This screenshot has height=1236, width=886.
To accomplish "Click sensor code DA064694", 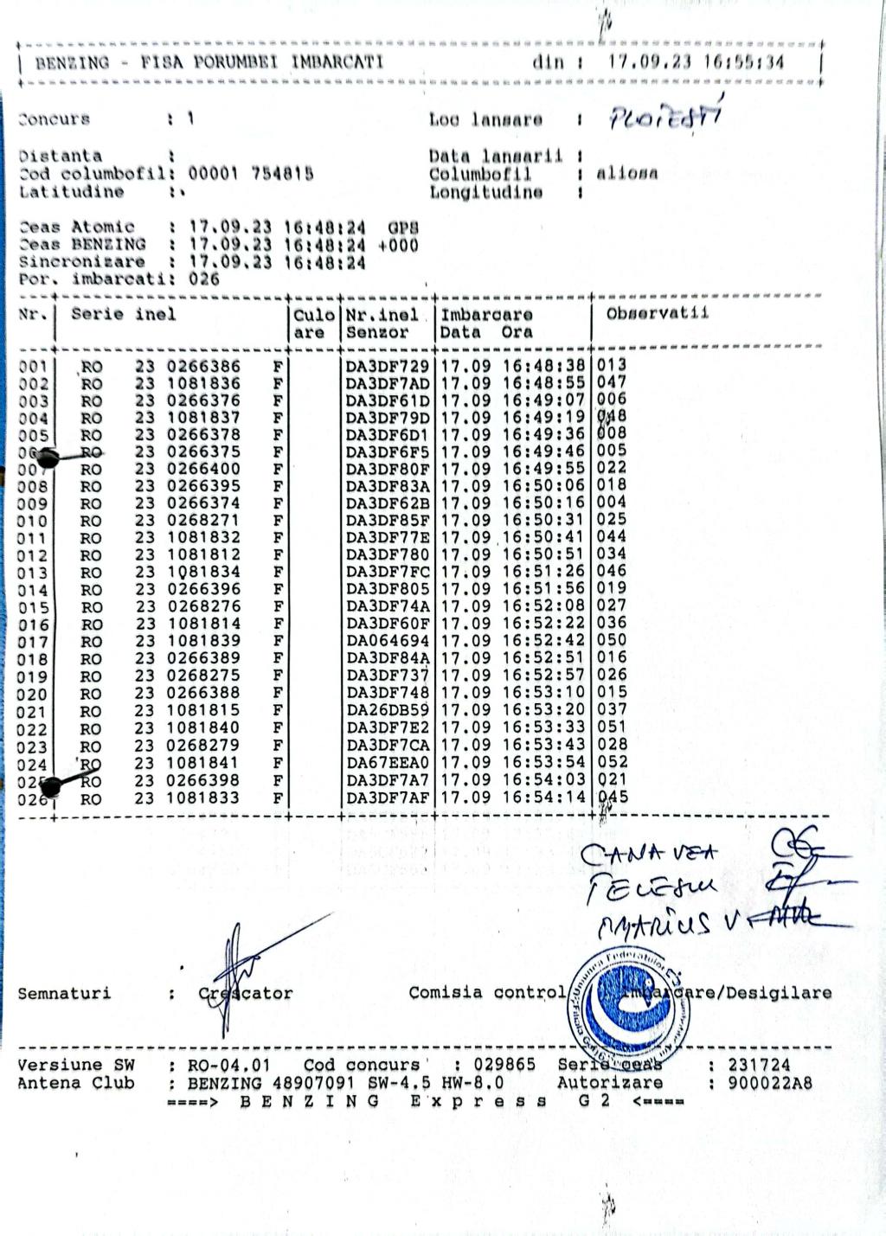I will [388, 642].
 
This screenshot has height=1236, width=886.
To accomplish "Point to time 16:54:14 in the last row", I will [543, 797].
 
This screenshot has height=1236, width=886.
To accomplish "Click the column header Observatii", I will [657, 313].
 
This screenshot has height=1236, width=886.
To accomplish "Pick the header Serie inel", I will [123, 314].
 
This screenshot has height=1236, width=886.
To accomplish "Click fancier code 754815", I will [282, 174].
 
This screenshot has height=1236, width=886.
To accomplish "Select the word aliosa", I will [626, 174].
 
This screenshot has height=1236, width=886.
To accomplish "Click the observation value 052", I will [612, 762].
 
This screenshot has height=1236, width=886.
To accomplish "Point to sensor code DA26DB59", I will [388, 711].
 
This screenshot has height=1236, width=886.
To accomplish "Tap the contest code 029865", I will [504, 1065].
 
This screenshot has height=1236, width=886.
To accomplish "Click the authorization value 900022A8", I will [769, 1083].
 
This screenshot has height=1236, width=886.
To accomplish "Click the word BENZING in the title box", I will [72, 62].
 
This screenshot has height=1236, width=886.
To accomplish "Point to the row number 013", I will [33, 573].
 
